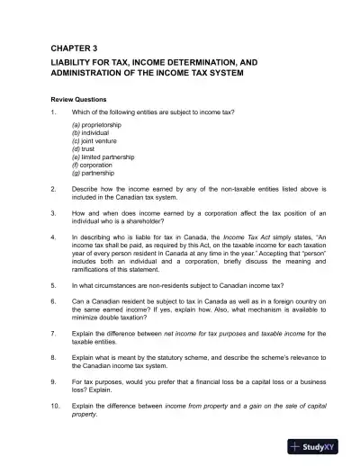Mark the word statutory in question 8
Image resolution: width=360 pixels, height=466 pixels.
tap(174, 357)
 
